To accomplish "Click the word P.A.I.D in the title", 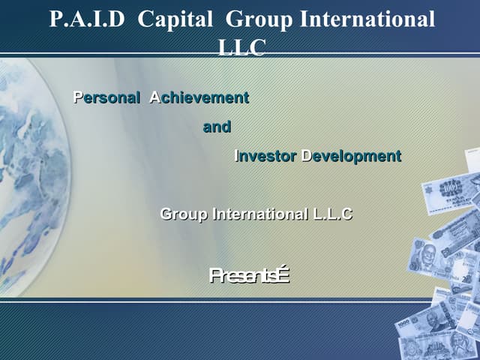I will coord(88,19).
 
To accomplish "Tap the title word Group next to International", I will coord(260,19).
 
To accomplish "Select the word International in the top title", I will coord(367,19).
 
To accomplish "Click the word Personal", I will coord(106,97).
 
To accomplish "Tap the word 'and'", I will coord(217,127).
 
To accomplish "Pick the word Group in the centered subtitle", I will coord(184,214).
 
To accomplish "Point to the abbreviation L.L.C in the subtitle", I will coord(332,214).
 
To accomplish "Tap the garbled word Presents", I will coord(249,277).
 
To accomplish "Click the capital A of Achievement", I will coord(154,97).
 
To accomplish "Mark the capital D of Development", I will coord(305,156).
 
